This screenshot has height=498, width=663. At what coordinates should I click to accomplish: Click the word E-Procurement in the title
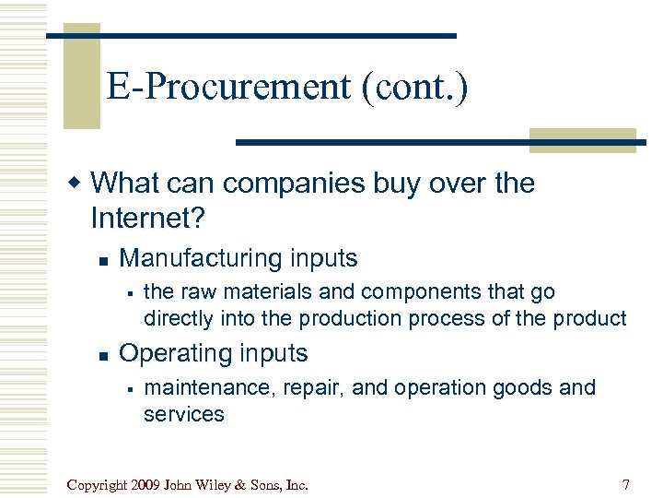[x=227, y=89]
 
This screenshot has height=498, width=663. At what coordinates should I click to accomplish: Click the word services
[x=183, y=414]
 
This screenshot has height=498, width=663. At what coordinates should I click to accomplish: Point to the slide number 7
[x=626, y=483]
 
